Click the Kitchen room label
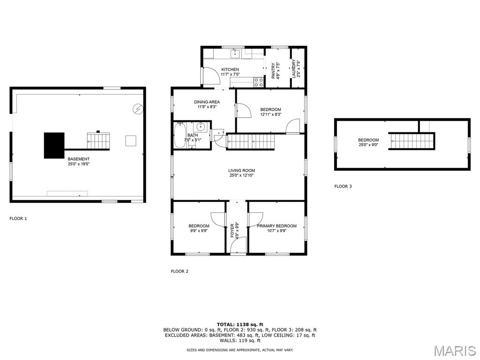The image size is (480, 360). pos(230,69)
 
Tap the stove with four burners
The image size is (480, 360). pos(259,82)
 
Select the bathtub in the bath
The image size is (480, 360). pos(180,135)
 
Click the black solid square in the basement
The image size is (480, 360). pos(54,145)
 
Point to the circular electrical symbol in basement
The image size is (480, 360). pos(138,109)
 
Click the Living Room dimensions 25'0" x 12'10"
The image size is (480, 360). pos(241,175)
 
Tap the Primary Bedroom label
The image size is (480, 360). pos(277,226)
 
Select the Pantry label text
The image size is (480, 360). pos(273,71)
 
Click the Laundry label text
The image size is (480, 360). pos(293,68)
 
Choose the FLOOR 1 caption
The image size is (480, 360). pos(18,218)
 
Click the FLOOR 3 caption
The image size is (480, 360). pos(343,186)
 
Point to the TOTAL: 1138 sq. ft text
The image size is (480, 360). pos(240,324)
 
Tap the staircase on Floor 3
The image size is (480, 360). pos(412,141)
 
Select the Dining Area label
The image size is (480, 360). pos(207,102)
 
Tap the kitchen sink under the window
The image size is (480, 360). pos(235,54)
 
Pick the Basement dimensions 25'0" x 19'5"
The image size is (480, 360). pos(79,164)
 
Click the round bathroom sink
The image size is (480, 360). pos(201,126)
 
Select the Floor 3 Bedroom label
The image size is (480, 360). pos(368,140)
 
